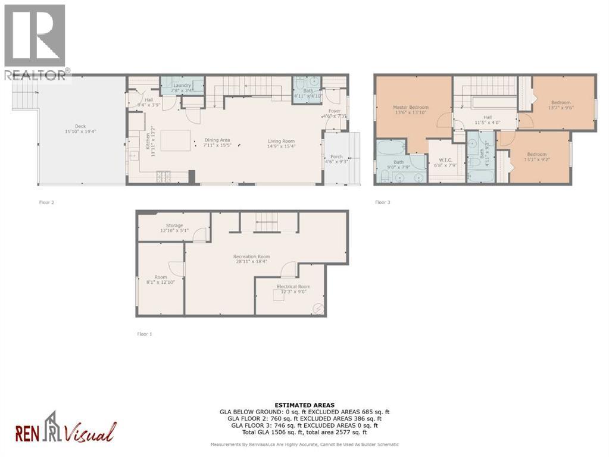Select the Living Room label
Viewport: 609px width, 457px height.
pos(280,140)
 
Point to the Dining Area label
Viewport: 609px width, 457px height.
pos(217,140)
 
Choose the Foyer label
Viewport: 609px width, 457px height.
pos(334,111)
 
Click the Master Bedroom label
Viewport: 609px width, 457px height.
pos(410,107)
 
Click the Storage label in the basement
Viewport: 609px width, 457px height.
pos(174,226)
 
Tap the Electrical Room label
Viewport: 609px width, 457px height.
pos(293,287)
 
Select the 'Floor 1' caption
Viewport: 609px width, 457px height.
pos(145,334)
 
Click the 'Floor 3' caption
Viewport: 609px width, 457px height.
pos(383,202)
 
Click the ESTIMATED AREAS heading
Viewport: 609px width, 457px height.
pos(304,405)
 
